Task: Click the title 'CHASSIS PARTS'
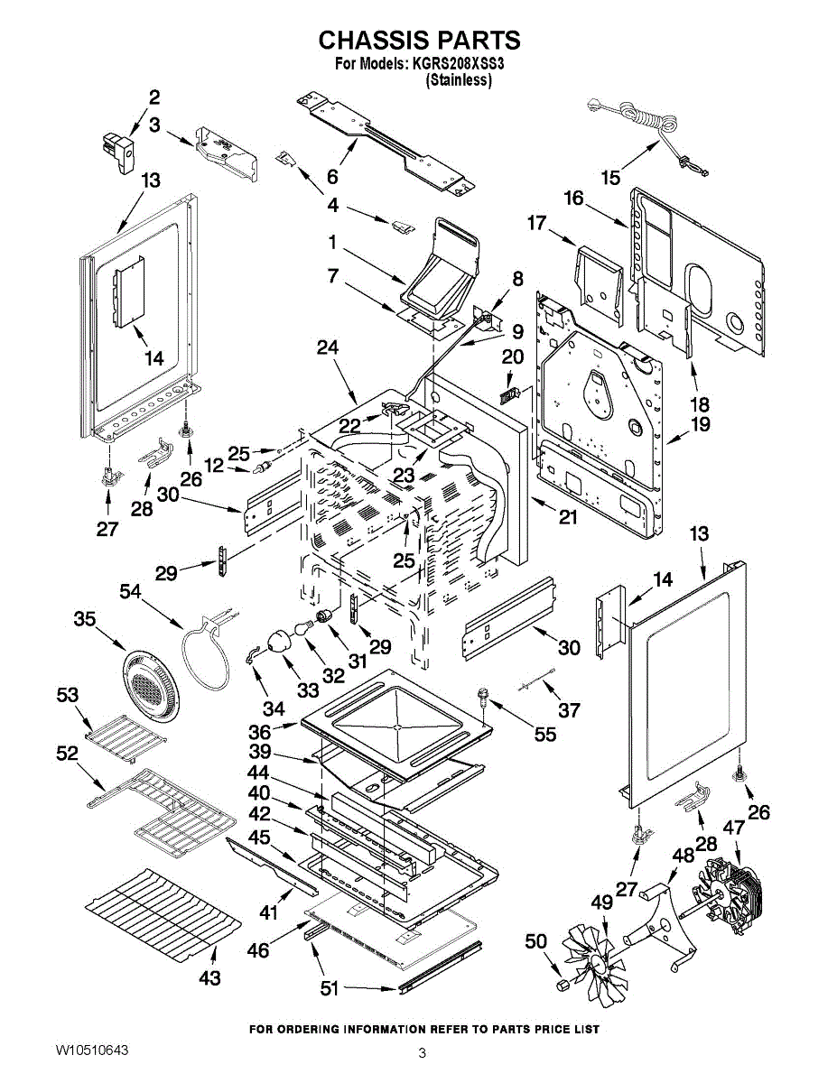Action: [419, 41]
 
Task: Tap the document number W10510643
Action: [91, 1051]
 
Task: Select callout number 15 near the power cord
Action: [611, 177]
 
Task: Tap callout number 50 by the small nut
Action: [536, 941]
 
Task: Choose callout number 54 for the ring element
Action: [132, 590]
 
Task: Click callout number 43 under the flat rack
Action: [209, 977]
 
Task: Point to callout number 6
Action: [332, 176]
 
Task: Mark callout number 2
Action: [154, 97]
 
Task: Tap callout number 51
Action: [330, 989]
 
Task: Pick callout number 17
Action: [538, 222]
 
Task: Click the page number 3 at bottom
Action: [422, 1052]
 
